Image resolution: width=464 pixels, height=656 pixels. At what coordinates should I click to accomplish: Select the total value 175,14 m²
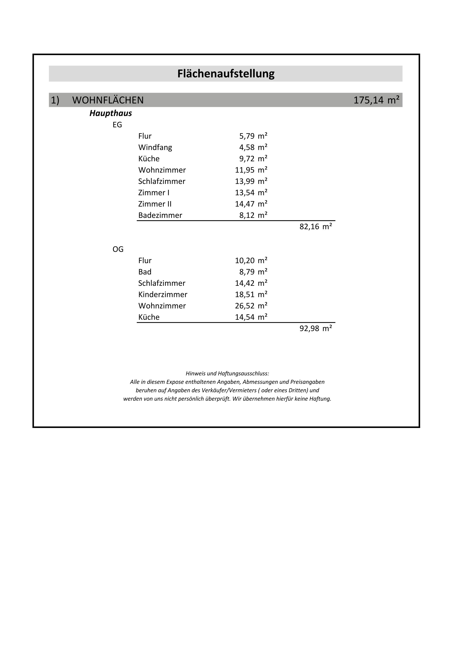(376, 100)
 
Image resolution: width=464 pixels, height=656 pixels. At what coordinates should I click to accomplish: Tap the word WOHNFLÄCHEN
(108, 100)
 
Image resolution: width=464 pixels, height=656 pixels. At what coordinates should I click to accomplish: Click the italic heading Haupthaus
(111, 113)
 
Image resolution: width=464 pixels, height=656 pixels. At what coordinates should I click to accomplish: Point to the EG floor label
(117, 125)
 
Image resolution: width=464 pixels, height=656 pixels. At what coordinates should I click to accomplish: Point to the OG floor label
(118, 249)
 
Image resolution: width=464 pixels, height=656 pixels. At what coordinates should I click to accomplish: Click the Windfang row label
(155, 147)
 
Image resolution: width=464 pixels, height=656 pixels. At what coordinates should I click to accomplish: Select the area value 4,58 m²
(253, 147)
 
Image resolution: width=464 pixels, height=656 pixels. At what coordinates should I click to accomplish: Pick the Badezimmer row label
(160, 215)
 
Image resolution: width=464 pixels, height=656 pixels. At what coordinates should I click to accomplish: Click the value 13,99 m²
(251, 181)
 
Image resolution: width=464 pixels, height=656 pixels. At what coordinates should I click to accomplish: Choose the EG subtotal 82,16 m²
(315, 227)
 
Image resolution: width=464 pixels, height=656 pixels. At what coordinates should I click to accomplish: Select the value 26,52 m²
(251, 306)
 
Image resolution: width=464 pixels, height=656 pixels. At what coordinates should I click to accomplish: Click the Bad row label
(145, 272)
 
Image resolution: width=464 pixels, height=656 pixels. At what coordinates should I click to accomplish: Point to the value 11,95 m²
(251, 170)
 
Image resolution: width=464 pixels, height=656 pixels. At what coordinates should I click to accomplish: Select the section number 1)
(55, 100)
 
